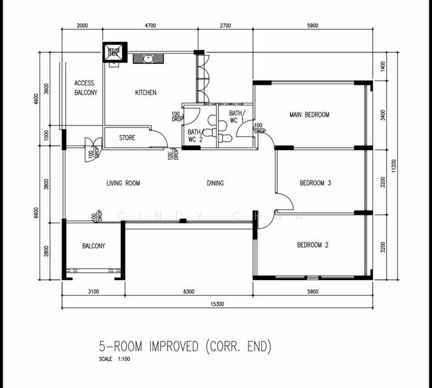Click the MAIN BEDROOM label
coord(309,115)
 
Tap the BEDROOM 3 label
coord(315,184)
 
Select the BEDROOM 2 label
coord(313,245)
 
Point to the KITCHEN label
coord(146,93)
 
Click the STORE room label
coord(127,138)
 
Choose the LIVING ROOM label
coord(123,184)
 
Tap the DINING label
coord(215,184)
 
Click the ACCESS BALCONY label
coord(85,88)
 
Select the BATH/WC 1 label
coord(235,117)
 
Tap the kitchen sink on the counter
coord(149,59)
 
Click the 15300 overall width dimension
coord(217,304)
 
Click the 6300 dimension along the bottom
coord(189,292)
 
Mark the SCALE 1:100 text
coord(114,359)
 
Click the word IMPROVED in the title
coord(173,347)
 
